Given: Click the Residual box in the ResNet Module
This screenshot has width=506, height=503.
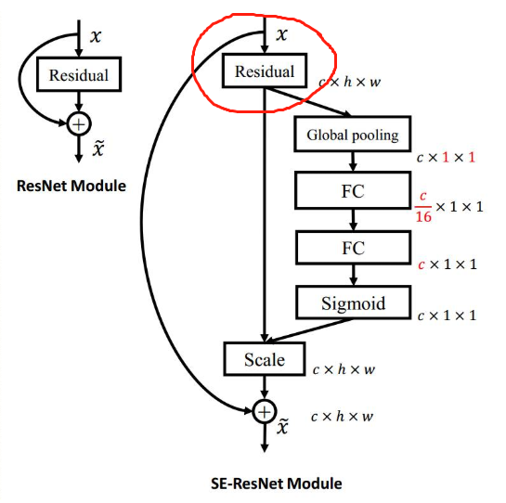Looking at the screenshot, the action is [79, 74].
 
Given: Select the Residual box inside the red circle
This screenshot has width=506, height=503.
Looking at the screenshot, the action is [265, 71].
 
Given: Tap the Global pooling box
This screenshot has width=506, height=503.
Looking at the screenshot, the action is [353, 135].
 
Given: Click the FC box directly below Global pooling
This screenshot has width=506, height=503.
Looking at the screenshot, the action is [353, 190].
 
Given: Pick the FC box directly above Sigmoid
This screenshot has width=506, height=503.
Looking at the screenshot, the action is [354, 248].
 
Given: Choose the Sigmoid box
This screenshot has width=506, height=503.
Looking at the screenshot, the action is [354, 303].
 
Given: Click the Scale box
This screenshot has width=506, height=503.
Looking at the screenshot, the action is [265, 359].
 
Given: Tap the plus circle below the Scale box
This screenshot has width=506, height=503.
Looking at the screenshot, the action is [265, 412].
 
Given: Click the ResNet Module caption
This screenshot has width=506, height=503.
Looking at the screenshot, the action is [71, 186].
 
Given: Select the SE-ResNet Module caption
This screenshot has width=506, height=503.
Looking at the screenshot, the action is [277, 484].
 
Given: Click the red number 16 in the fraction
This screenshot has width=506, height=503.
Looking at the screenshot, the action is [423, 216].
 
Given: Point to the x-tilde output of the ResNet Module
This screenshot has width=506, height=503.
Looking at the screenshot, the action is [98, 148].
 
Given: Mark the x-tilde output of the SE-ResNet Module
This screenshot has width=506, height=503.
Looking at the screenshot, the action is [282, 426].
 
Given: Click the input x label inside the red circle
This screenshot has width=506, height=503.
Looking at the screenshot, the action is [281, 34].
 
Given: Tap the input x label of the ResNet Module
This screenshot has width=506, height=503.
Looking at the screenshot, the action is [96, 36].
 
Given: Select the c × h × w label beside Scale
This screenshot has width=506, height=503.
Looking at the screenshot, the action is [344, 369].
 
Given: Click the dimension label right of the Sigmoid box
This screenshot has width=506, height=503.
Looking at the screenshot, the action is [447, 316].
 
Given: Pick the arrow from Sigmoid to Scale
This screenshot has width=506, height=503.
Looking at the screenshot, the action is [308, 330].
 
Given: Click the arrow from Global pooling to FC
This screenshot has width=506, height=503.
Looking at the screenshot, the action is [353, 161].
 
